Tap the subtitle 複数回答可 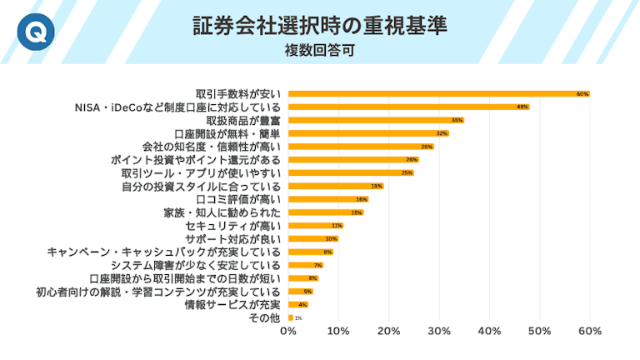[x=320, y=50]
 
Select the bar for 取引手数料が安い [x=438, y=94]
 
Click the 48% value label [x=522, y=107]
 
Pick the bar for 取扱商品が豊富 [x=375, y=120]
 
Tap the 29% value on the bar [x=427, y=147]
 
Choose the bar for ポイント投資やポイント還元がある [x=352, y=159]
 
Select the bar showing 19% [x=335, y=186]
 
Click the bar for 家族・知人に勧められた [x=325, y=212]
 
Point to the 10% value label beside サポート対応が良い [x=331, y=238]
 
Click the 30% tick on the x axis [x=439, y=332]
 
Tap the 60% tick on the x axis [x=590, y=332]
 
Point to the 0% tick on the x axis [x=288, y=332]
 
